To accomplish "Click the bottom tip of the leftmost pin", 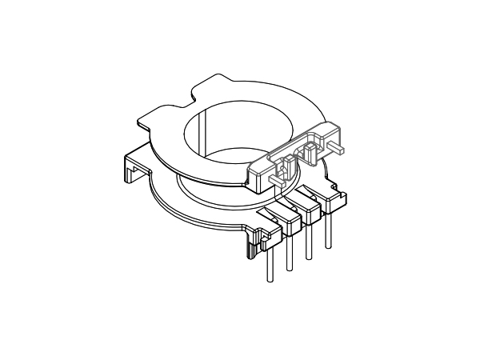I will click(268, 282).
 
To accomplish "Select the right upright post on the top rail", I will click(310, 147).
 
